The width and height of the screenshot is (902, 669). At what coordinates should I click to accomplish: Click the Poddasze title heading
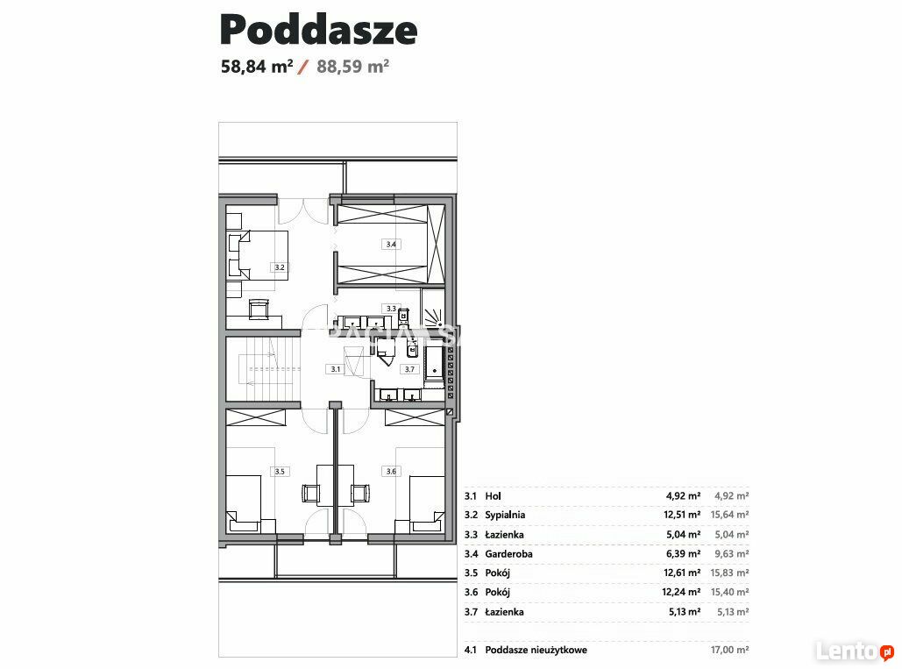point(319,30)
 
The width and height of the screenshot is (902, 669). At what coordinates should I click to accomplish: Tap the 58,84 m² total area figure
point(257,66)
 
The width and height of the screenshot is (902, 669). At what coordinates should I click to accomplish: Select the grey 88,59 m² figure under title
point(352,66)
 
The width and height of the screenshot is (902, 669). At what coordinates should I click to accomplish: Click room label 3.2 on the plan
point(279,267)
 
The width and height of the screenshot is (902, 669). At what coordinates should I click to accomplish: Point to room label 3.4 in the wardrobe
point(391,245)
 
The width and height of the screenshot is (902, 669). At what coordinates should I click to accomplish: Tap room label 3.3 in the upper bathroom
point(391,309)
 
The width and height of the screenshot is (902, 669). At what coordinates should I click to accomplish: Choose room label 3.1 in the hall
point(336,369)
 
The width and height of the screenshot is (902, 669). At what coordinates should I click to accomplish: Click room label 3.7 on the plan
point(409,369)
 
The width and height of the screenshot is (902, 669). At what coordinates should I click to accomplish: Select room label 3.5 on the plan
point(279,472)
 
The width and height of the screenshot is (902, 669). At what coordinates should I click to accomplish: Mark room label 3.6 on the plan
point(391,472)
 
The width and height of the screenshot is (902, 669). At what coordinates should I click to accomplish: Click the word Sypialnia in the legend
point(505,516)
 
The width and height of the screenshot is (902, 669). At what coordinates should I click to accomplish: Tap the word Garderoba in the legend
point(508,554)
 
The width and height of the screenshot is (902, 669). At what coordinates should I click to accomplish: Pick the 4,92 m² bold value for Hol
point(684,496)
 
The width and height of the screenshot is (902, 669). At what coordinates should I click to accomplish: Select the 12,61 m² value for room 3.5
point(682,573)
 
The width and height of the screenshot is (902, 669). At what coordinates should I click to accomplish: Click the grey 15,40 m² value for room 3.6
point(729,592)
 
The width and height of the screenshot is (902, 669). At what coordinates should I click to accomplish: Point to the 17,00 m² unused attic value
point(729,650)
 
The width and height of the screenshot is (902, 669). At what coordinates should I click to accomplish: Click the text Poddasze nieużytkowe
point(536,650)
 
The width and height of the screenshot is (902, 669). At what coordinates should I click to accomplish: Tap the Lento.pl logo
point(856,651)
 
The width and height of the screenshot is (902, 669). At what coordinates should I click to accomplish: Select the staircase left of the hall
point(263,369)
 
